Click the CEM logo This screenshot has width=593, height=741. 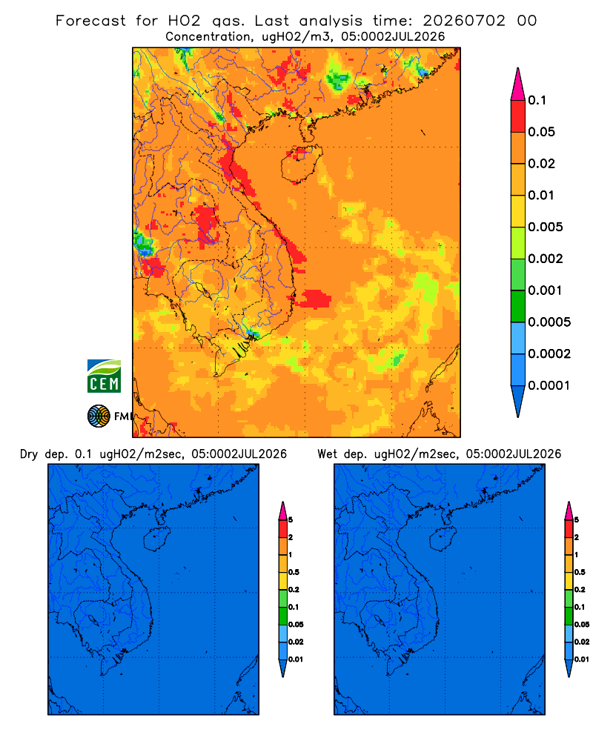[x=104, y=376]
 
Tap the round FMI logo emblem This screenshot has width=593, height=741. [x=99, y=416]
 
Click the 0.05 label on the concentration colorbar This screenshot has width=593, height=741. [x=541, y=132]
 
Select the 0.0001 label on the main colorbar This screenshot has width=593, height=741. [x=549, y=385]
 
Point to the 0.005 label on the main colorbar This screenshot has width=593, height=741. [x=546, y=227]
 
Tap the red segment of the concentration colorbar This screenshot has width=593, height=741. [x=518, y=116]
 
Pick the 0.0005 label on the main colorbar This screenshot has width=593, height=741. [x=549, y=322]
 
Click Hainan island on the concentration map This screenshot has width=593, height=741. [x=301, y=163]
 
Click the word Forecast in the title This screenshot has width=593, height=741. [x=90, y=21]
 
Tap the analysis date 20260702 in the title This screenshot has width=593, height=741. [x=464, y=21]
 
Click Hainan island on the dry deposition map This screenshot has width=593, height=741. [x=156, y=539]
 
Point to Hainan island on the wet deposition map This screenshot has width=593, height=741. [x=442, y=539]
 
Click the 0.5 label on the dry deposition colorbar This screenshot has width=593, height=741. [x=294, y=572]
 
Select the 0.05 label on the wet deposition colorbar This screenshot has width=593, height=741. [x=581, y=625]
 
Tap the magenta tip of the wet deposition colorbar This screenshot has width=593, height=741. [x=569, y=511]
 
